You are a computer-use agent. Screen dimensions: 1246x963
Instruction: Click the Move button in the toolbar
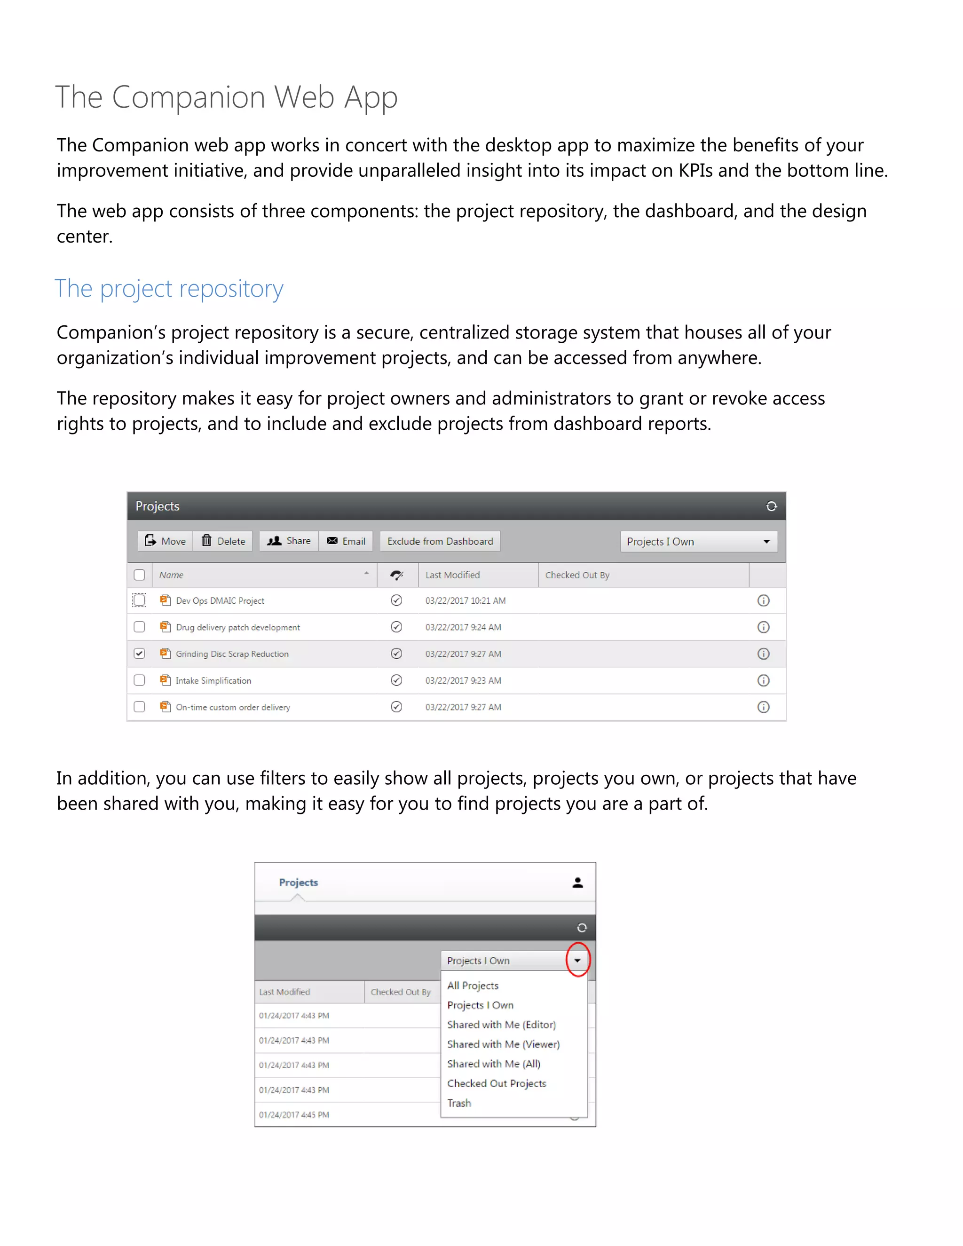(166, 541)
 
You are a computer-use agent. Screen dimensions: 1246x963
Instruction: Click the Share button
(289, 541)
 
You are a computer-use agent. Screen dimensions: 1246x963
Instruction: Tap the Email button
(346, 541)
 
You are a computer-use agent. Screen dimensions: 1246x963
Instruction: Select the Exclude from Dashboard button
(440, 541)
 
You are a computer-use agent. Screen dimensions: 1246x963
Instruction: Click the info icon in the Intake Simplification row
(763, 680)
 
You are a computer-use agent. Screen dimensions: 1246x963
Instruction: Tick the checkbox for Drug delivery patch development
(139, 626)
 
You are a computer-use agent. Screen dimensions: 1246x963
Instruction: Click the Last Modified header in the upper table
(452, 575)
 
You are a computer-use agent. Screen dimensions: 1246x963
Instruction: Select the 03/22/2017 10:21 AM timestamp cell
(465, 600)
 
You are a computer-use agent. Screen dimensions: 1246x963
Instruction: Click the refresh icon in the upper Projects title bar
(771, 506)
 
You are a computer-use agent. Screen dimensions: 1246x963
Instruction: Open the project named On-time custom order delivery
(233, 707)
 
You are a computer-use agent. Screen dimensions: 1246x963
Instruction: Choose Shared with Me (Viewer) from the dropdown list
(503, 1044)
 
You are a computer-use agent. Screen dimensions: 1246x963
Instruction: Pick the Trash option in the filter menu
(459, 1103)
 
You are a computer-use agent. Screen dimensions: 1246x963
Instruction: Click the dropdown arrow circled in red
(577, 960)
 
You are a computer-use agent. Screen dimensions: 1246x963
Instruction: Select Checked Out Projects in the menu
(497, 1083)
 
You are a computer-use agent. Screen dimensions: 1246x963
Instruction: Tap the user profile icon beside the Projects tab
(577, 883)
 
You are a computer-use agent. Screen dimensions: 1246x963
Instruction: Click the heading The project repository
(169, 289)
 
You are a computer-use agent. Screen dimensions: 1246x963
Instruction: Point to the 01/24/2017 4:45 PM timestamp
(294, 1114)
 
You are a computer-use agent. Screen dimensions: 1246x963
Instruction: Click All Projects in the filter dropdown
(473, 985)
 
